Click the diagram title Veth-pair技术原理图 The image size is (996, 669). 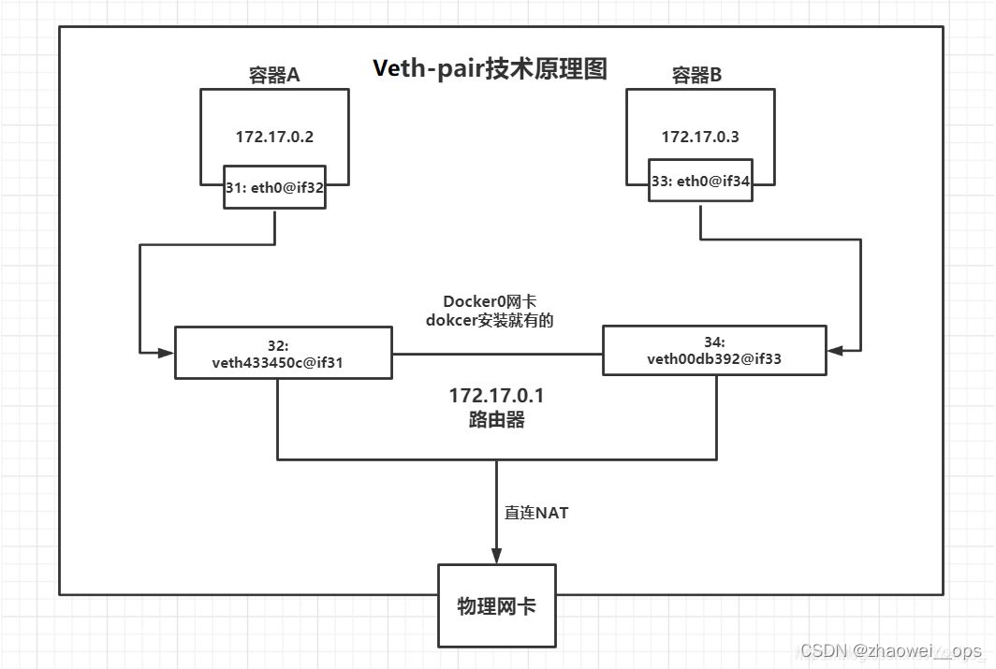pos(490,68)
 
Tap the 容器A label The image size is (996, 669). pos(273,76)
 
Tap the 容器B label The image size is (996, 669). pos(697,76)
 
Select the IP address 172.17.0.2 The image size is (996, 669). pos(274,137)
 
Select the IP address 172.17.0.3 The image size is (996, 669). pos(700,137)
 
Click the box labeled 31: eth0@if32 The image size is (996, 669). pos(275,187)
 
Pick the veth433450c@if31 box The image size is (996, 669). pos(283,353)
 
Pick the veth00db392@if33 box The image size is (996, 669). pos(714,350)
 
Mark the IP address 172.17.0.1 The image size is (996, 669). pos(496,397)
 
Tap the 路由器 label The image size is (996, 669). pos(496,420)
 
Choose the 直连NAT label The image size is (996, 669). pos(536,513)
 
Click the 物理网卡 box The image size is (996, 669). pos(496,606)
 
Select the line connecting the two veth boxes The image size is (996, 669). pos(496,354)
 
